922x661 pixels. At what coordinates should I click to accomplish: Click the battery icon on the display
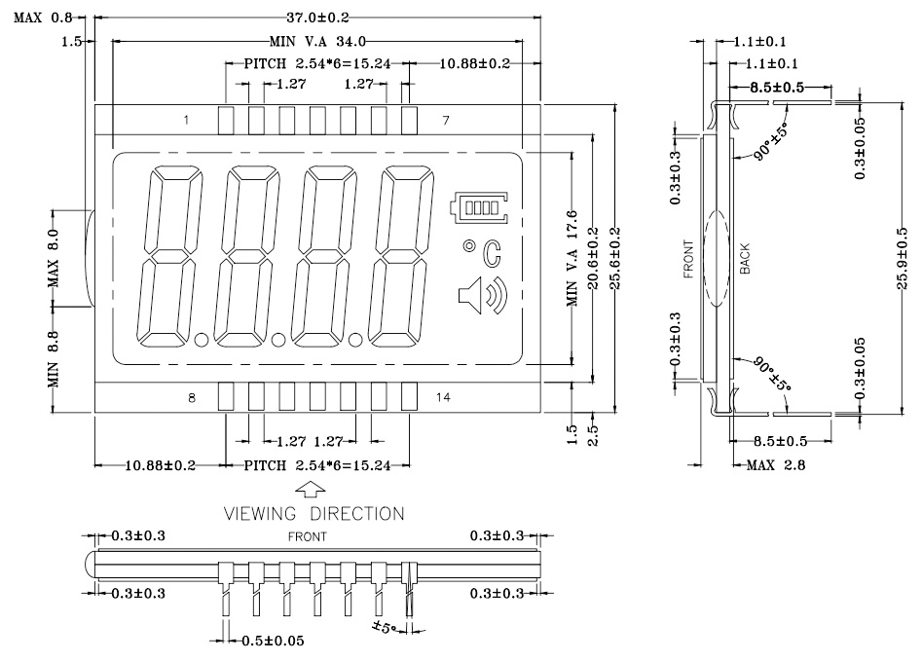479,207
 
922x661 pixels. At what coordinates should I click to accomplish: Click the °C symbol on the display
482,253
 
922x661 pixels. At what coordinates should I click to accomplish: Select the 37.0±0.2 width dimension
317,18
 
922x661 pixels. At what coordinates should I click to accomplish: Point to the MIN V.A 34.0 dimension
317,41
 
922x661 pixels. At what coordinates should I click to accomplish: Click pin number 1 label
186,120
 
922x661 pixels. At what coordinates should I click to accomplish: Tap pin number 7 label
446,120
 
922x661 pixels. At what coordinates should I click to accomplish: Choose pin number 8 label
192,397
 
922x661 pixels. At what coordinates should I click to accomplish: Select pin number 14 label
443,397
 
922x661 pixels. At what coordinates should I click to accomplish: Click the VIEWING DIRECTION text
314,513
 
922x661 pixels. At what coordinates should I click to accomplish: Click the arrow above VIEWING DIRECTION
311,490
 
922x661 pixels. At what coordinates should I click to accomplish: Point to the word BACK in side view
745,259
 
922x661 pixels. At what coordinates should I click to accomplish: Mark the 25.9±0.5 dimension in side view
902,259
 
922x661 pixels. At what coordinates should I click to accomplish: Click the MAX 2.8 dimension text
776,465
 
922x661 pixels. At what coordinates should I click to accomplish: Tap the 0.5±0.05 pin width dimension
273,641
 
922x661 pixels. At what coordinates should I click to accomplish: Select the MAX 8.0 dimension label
54,258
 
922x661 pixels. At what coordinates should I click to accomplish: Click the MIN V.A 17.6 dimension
572,259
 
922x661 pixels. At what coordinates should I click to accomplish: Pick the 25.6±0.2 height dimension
614,259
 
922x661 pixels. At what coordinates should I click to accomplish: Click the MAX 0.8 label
43,18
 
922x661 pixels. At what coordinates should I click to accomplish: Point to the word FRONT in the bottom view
307,536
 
